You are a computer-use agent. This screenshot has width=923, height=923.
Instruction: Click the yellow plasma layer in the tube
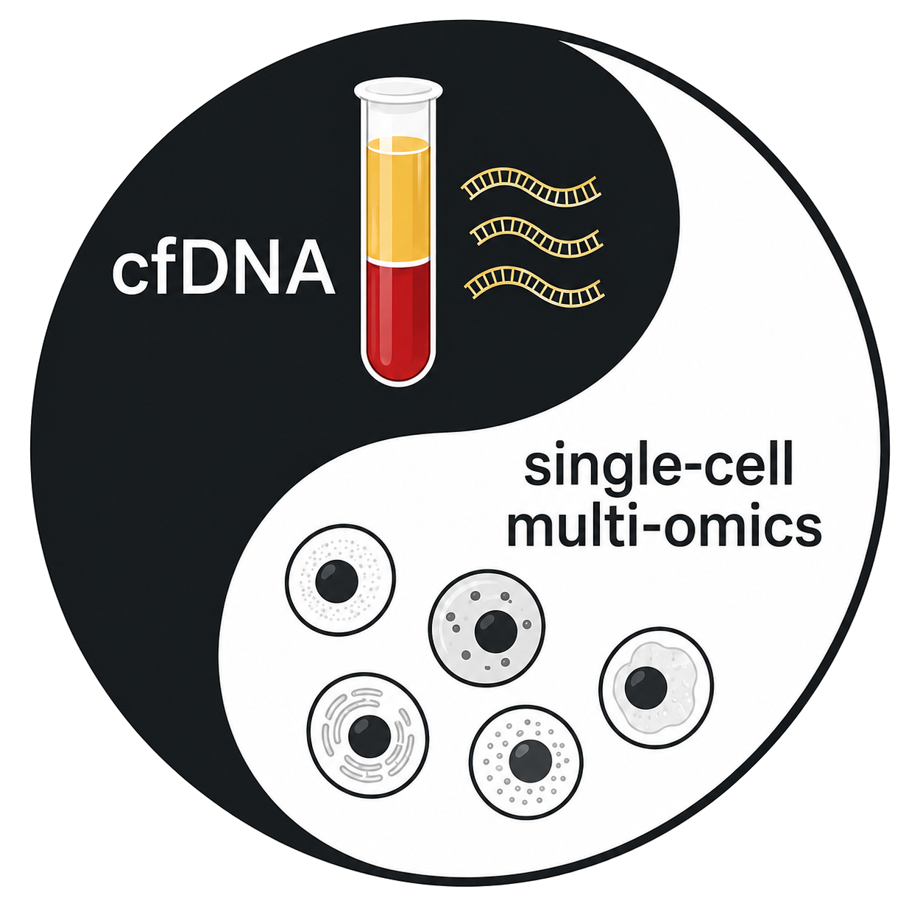[x=397, y=199]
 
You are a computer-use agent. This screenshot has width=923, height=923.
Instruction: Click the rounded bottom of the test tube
[x=397, y=369]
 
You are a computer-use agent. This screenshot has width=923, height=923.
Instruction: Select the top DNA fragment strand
[x=531, y=187]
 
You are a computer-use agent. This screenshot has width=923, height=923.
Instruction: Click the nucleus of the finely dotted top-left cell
[x=337, y=581]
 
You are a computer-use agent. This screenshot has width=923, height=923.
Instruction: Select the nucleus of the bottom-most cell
[x=530, y=762]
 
